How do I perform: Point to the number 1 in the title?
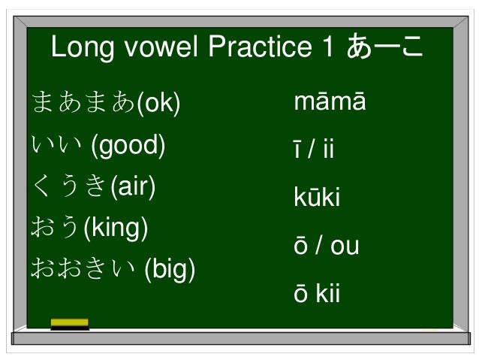tap(327, 49)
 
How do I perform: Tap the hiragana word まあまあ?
tap(82, 103)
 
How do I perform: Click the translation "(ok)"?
tap(158, 103)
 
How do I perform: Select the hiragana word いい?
tap(56, 144)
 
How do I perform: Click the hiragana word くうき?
tap(68, 186)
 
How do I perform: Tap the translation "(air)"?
tap(132, 186)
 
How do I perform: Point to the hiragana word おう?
tap(54, 227)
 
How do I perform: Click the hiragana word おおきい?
tap(82, 268)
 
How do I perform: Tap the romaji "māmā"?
tap(330, 102)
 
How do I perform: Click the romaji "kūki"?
tap(317, 198)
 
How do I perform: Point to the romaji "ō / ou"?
tap(326, 246)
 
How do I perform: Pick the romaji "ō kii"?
tap(317, 294)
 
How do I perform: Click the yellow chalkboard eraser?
tap(69, 324)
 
